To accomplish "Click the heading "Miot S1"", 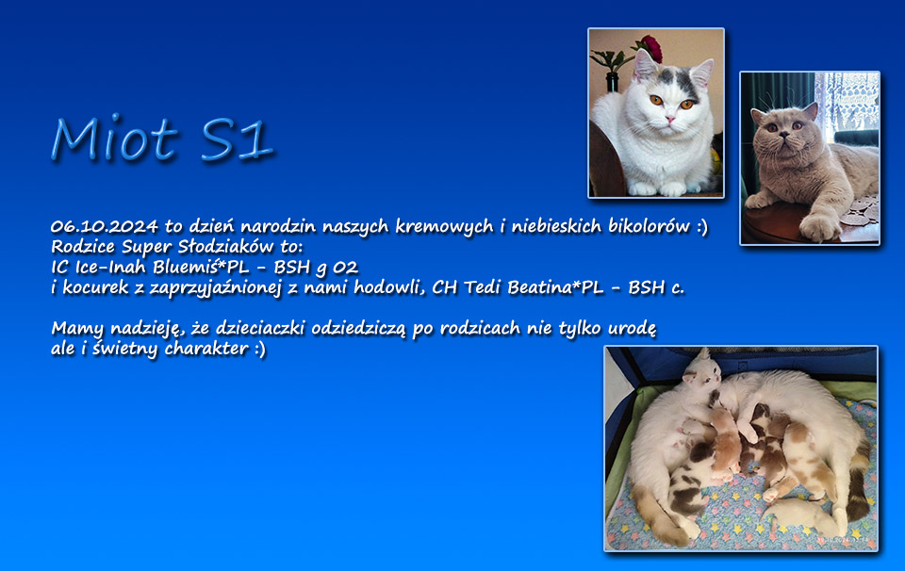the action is click(161, 139).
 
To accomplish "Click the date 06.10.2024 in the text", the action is click(105, 226).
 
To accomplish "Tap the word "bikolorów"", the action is click(649, 226).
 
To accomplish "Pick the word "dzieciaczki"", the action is click(260, 328).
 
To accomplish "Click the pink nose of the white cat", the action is click(669, 120).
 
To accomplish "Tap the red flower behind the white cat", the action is click(651, 48).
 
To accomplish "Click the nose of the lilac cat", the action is click(783, 135).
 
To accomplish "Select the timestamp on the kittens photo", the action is click(847, 541).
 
